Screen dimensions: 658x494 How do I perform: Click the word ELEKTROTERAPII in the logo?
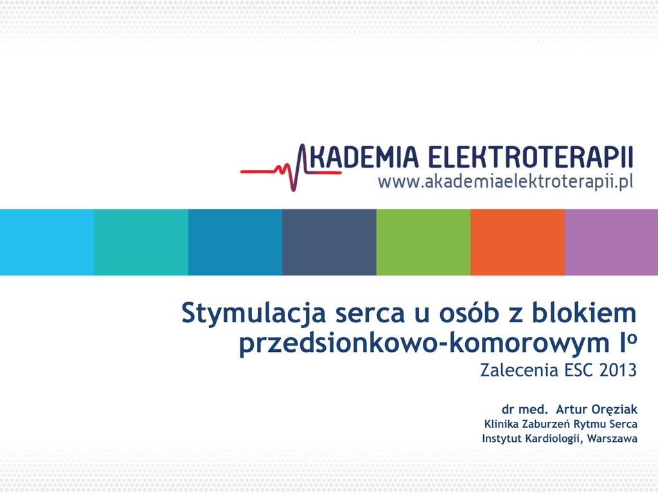[x=530, y=157]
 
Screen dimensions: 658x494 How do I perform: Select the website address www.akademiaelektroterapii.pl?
[x=505, y=182]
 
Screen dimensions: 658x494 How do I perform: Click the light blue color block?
[x=47, y=242]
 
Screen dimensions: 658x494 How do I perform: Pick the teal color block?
[x=141, y=242]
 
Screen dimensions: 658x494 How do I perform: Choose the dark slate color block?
[x=330, y=242]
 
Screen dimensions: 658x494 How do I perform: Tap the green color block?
[x=423, y=242]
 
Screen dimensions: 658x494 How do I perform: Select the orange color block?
[x=518, y=242]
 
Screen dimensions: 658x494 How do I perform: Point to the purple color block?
[x=612, y=242]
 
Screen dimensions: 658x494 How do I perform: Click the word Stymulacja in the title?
[x=253, y=314]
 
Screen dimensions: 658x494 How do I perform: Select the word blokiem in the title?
[x=584, y=313]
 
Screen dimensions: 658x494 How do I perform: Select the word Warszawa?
[x=612, y=439]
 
